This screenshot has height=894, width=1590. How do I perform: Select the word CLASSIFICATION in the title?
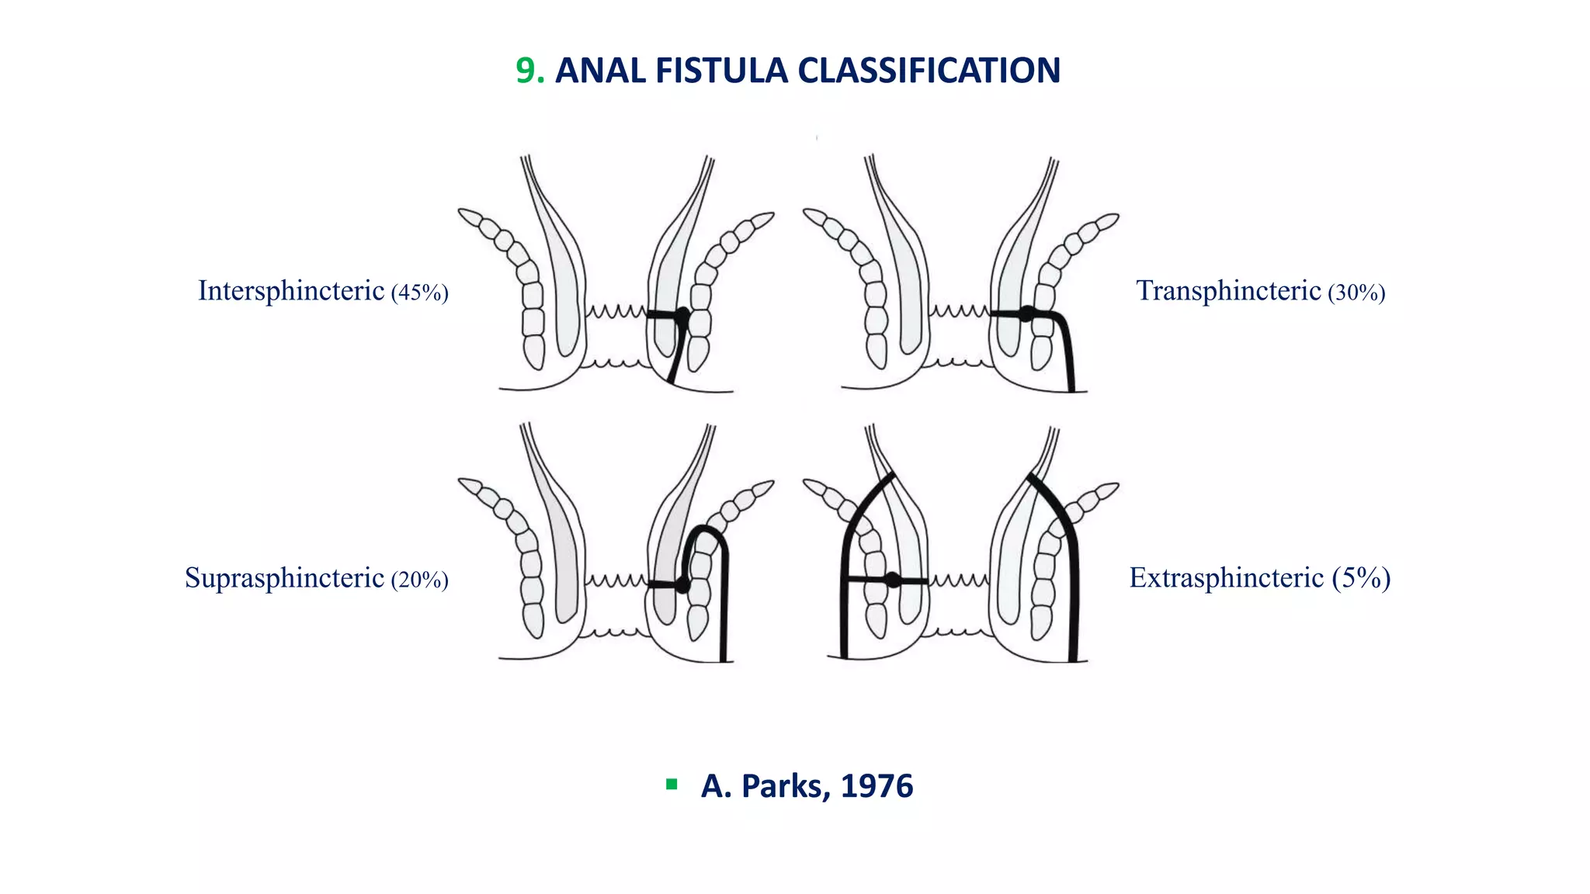click(x=929, y=71)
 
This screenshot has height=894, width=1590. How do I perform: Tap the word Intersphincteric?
click(x=291, y=291)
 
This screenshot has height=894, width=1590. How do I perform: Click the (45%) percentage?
click(x=420, y=293)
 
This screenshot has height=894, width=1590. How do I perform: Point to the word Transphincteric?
click(x=1228, y=291)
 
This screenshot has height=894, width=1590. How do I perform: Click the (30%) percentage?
click(x=1356, y=293)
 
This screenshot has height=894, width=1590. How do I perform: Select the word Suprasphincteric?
click(x=284, y=578)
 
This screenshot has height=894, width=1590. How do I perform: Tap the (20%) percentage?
click(x=420, y=580)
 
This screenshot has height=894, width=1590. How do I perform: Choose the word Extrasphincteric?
click(x=1226, y=578)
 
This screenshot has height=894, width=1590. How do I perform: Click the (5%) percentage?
click(x=1361, y=578)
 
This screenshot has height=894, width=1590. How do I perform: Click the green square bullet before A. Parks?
click(x=672, y=785)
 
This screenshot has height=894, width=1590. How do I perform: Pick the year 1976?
click(x=877, y=786)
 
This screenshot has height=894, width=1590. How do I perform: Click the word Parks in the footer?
click(x=786, y=786)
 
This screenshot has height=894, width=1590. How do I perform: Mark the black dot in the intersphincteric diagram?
click(x=682, y=315)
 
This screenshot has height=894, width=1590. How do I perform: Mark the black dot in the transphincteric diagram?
click(x=1026, y=314)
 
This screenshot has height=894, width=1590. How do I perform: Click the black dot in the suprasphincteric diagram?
click(x=682, y=584)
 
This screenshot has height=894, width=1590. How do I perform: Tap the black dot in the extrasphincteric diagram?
click(x=893, y=580)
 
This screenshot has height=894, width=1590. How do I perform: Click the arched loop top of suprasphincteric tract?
click(x=705, y=530)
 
